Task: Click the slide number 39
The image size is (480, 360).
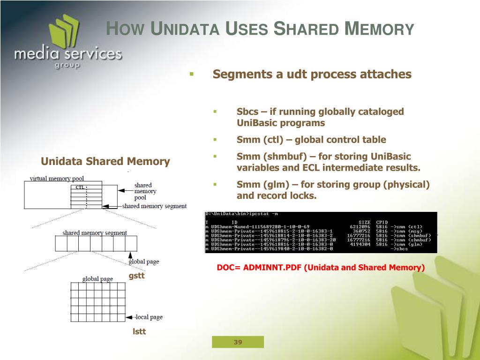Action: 238,342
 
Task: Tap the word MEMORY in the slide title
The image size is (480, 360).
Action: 379,29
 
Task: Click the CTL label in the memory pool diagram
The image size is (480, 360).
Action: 80,187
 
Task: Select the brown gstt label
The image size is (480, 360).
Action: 137,276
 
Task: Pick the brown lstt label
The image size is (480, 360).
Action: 139,331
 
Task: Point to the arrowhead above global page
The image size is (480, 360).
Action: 131,255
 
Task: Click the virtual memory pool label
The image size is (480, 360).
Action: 57,179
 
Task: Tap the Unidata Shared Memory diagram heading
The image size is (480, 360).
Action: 105,162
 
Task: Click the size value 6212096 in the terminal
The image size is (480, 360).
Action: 360,227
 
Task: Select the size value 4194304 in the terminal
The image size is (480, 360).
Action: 360,244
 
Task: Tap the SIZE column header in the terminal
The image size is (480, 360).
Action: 364,222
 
